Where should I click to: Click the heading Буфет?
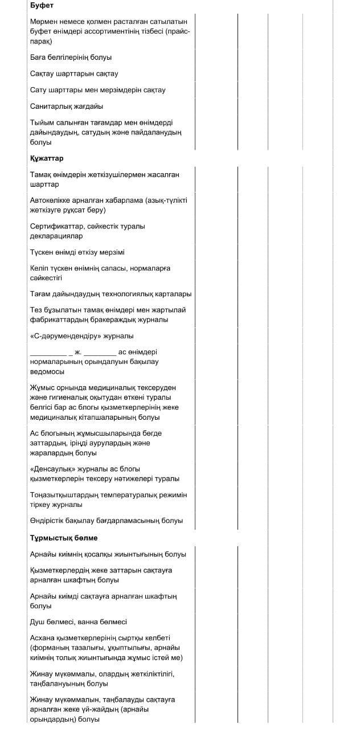pyautogui.click(x=42, y=5)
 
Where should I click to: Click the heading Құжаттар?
pyautogui.click(x=47, y=158)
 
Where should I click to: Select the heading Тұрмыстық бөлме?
pyautogui.click(x=64, y=538)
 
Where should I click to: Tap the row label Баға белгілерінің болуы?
pyautogui.click(x=71, y=57)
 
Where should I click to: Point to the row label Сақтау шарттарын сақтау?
pyautogui.click(x=74, y=73)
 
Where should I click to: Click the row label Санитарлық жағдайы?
pyautogui.click(x=67, y=106)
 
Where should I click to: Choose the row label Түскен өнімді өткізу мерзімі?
pyautogui.click(x=77, y=252)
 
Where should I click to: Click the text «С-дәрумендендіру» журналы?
pyautogui.click(x=82, y=335)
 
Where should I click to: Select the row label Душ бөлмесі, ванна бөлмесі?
pyautogui.click(x=79, y=622)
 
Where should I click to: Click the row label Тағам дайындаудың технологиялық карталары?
pyautogui.click(x=111, y=294)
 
